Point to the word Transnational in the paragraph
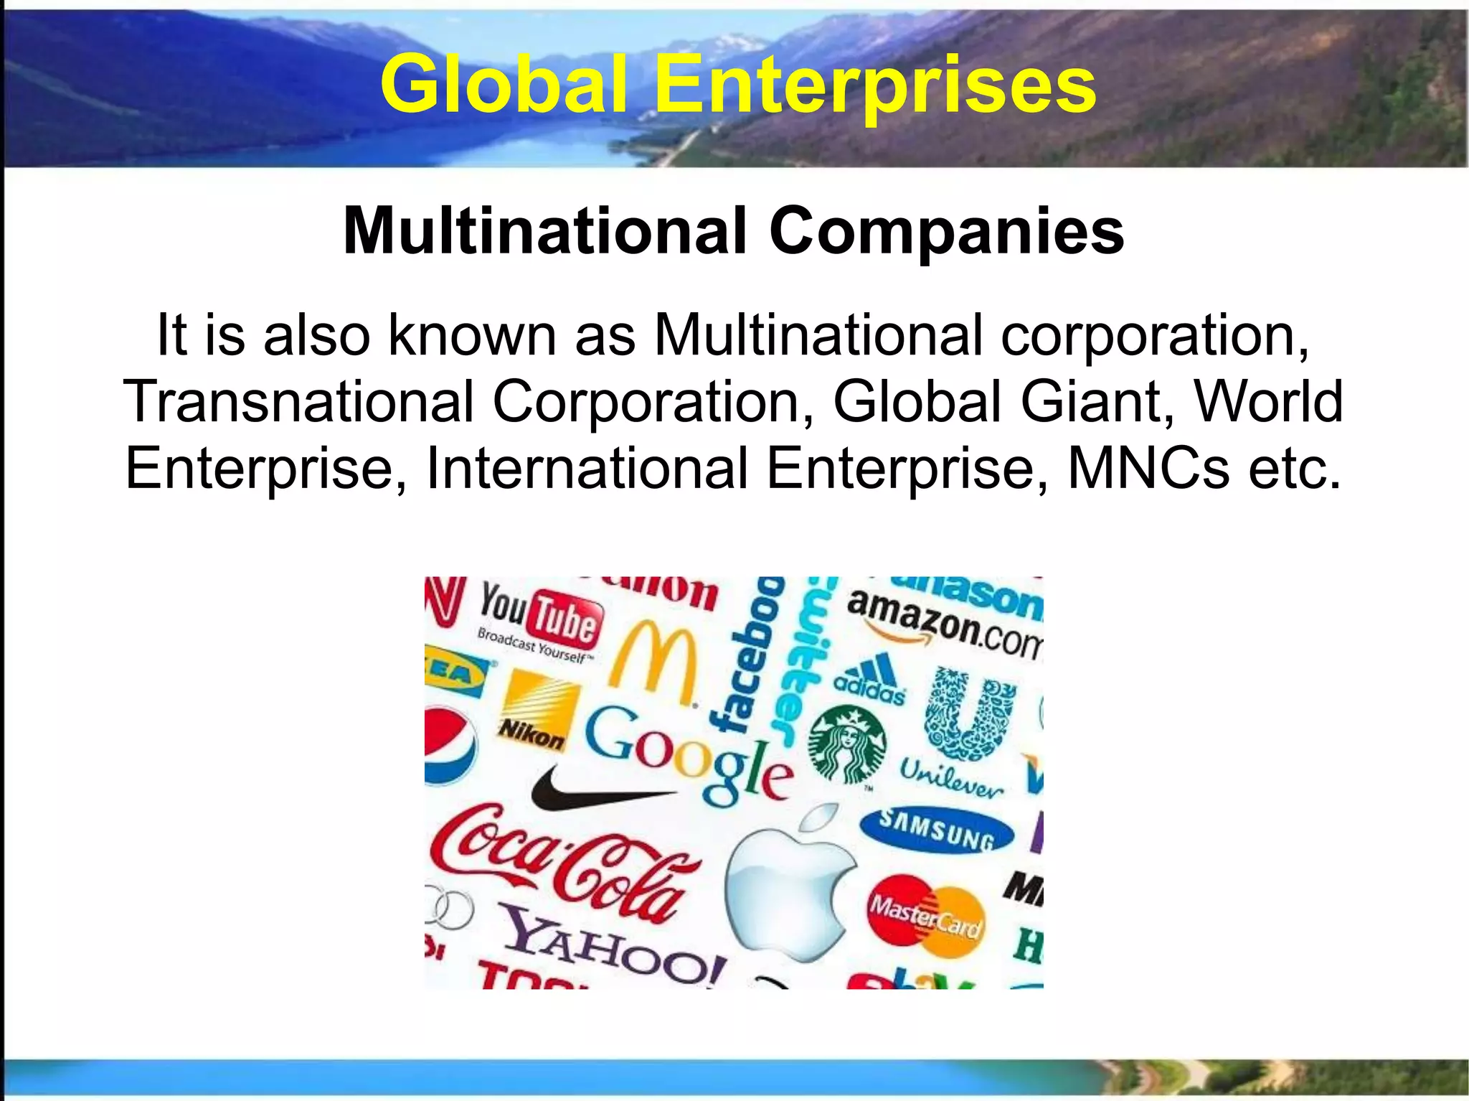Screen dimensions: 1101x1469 pos(298,401)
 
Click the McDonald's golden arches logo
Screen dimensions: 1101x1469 pos(653,664)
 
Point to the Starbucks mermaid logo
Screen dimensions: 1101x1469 pos(847,744)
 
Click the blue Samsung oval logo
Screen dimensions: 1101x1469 pos(937,831)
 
